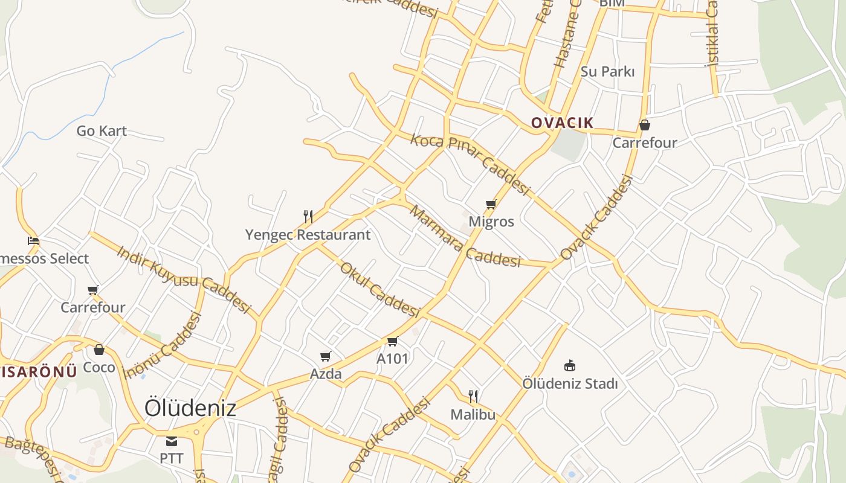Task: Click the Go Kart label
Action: (x=102, y=130)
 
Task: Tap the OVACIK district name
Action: (x=562, y=123)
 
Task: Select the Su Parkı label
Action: (x=607, y=71)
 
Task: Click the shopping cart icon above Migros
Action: (x=491, y=205)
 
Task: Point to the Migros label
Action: (x=491, y=222)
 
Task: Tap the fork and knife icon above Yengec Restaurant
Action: (x=308, y=216)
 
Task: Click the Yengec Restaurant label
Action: (x=308, y=234)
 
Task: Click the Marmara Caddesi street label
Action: (x=465, y=237)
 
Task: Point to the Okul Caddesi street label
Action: (x=379, y=290)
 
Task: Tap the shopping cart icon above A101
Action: (x=392, y=342)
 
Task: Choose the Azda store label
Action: (x=326, y=374)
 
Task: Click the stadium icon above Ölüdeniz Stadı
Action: (x=569, y=365)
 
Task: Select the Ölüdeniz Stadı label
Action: (x=570, y=383)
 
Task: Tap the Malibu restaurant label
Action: (x=473, y=414)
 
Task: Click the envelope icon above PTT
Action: (x=172, y=441)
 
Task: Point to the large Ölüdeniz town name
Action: (x=190, y=408)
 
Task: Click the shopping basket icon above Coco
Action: (x=99, y=350)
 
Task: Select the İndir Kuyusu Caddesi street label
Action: (x=183, y=279)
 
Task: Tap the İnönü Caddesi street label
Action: (x=161, y=346)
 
